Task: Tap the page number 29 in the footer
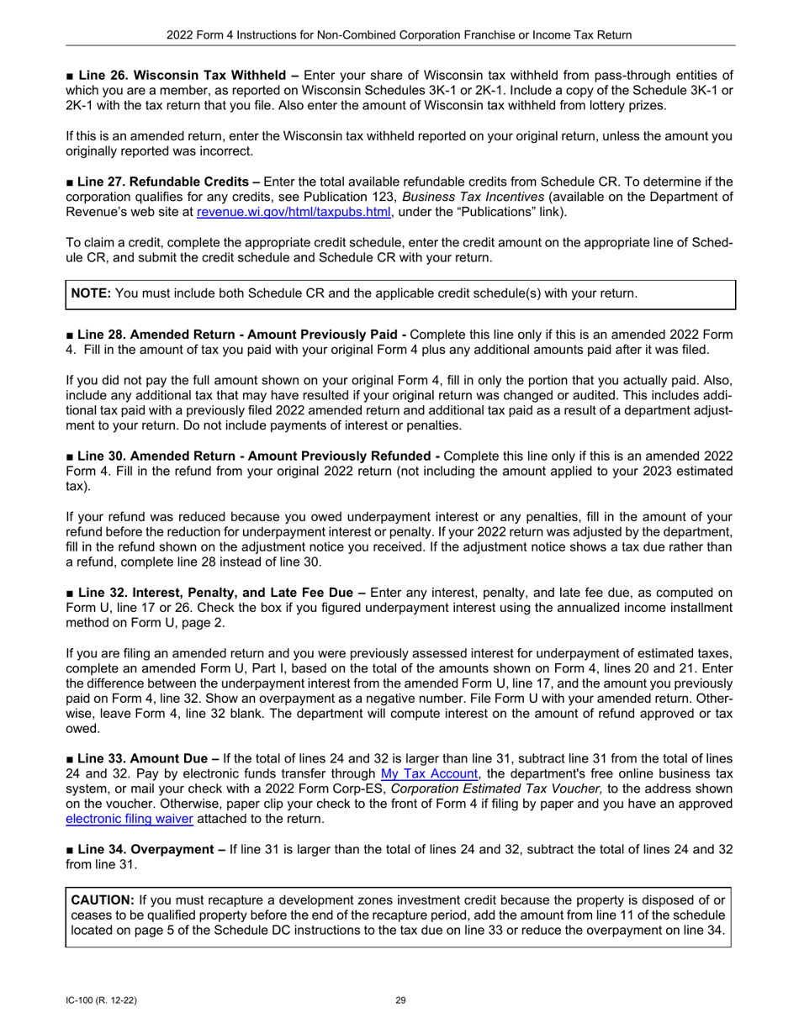399,1000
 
